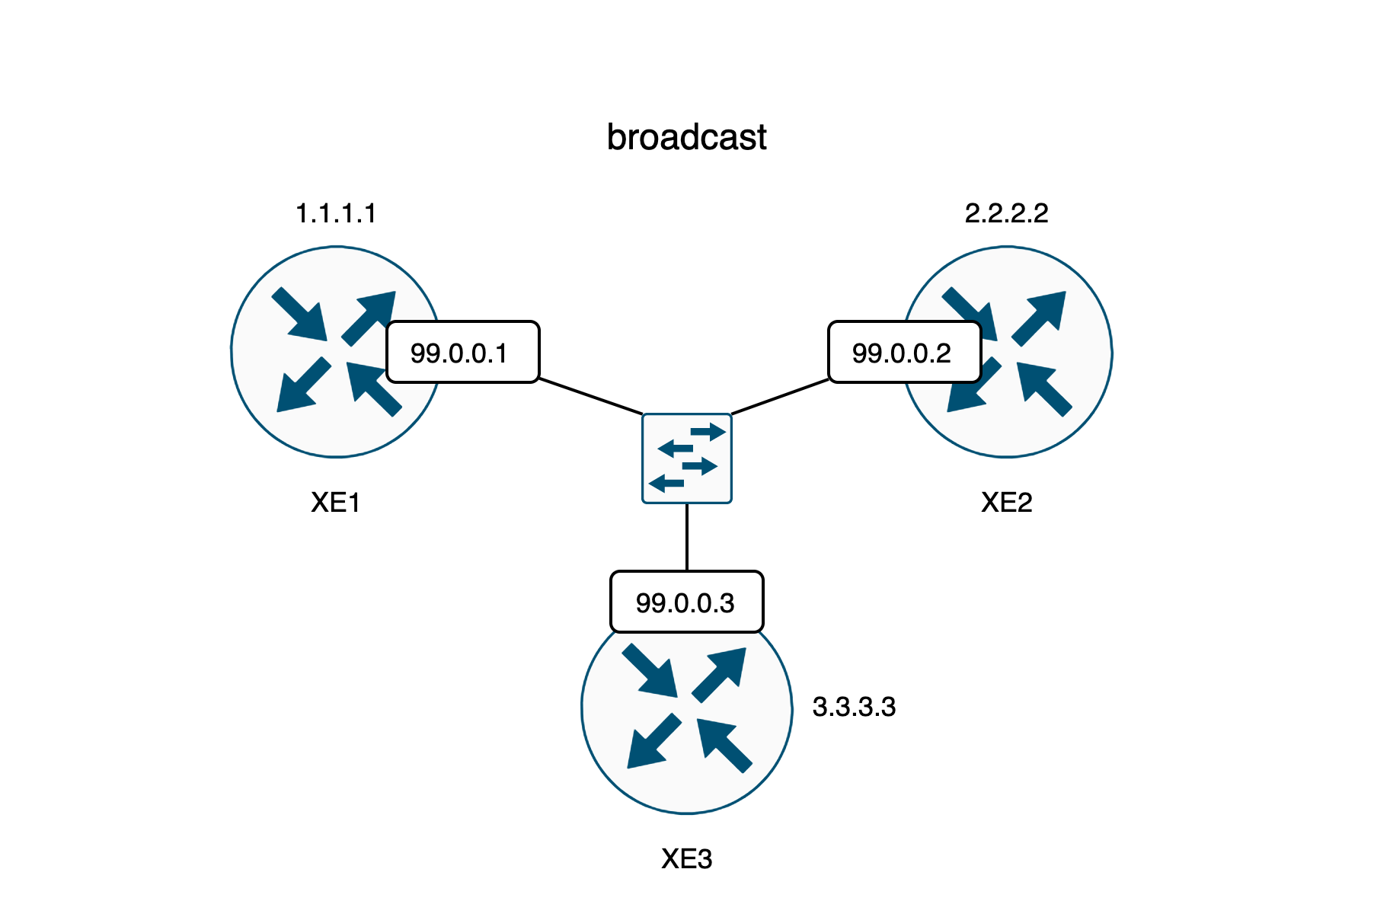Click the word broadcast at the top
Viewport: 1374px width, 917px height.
686,138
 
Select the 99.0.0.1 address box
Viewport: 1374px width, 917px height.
462,352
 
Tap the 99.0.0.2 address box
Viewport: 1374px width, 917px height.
904,352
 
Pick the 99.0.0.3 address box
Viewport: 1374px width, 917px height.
686,602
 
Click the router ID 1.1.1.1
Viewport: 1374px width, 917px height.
336,213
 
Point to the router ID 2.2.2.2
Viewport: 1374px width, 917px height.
1006,213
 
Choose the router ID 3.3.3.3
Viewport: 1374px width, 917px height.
854,707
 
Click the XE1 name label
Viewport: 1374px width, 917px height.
336,503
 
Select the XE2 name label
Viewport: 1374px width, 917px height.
1006,503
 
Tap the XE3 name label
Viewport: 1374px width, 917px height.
686,859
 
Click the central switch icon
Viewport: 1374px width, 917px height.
686,458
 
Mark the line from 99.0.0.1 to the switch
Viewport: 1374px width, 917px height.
590,396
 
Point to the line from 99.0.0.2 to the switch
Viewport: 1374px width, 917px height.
780,396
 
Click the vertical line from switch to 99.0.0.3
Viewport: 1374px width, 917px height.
687,537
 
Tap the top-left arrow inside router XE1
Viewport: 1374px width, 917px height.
300,313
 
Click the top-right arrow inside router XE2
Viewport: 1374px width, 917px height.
1040,317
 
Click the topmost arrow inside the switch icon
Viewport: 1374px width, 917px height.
708,433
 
